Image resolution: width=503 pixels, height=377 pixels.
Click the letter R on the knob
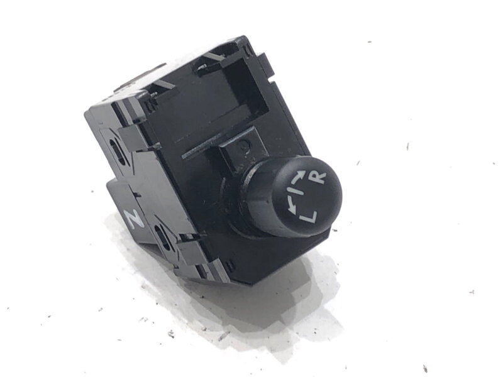coord(319,178)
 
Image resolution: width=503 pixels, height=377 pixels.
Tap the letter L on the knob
coord(307,217)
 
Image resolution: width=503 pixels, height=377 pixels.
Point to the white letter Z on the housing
coord(133,219)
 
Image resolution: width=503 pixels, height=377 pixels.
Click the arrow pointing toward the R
coord(297,175)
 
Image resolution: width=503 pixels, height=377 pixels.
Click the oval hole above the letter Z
coord(116,150)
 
